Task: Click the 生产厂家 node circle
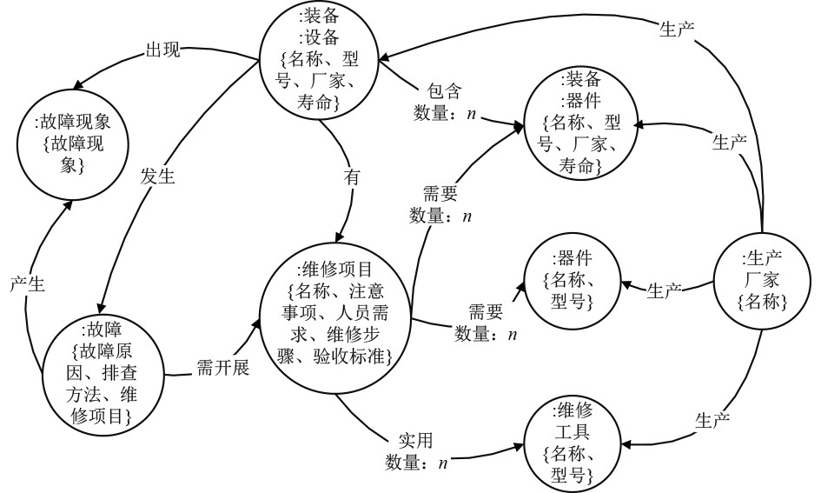pyautogui.click(x=764, y=281)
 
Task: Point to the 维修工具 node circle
pyautogui.click(x=573, y=443)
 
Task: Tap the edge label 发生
pyautogui.click(x=158, y=177)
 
